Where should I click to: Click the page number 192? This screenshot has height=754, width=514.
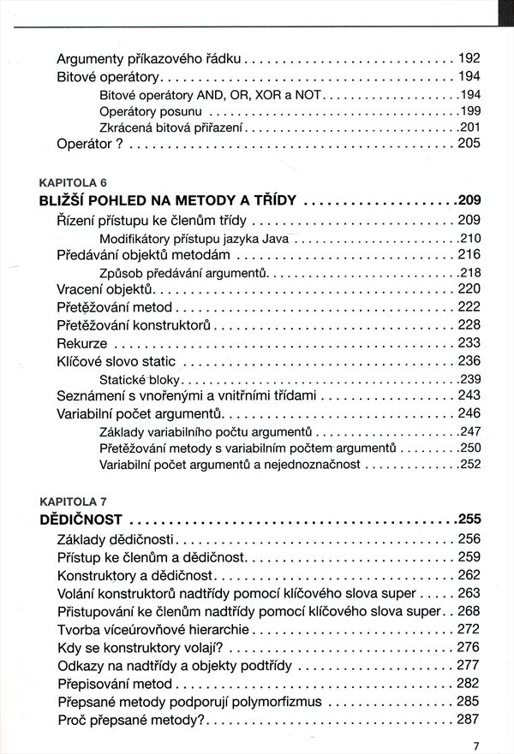coord(469,60)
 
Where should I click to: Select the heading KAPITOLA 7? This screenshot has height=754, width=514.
coord(73,500)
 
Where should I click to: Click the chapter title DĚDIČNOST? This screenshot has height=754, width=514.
coord(81,519)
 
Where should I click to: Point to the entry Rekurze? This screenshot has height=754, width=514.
coord(82,343)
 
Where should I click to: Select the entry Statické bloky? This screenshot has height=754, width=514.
coord(140,379)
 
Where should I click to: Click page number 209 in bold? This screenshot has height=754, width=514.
coord(469,201)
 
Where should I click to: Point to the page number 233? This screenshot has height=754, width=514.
coord(469,343)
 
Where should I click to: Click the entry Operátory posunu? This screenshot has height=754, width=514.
coord(151,111)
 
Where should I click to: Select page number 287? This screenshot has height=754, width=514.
coord(469,720)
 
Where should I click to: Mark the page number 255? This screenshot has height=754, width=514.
coord(469,519)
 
